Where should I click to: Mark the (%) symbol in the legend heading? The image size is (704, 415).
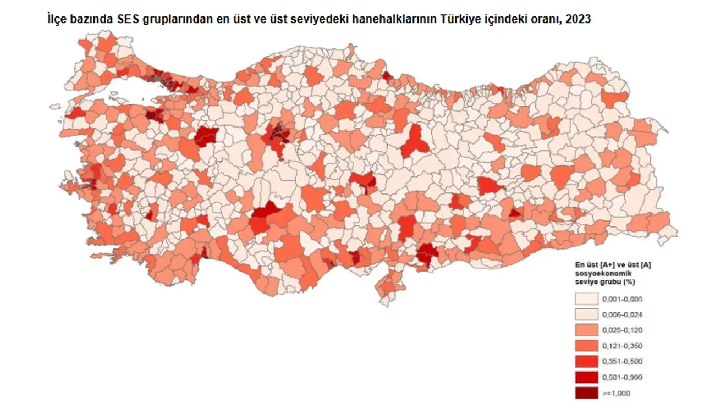coord(630,281)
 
